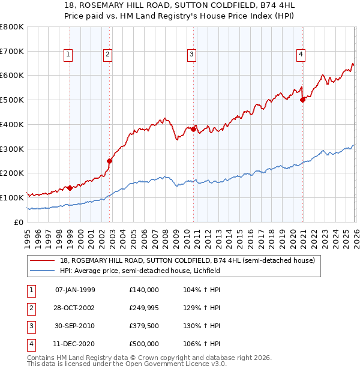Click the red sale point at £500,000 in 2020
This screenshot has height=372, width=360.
click(x=302, y=100)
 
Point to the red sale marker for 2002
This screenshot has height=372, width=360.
click(x=110, y=161)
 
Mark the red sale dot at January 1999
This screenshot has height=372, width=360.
click(x=70, y=188)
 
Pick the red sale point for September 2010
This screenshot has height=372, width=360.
click(x=194, y=129)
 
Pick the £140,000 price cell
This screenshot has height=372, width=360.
click(x=144, y=290)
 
